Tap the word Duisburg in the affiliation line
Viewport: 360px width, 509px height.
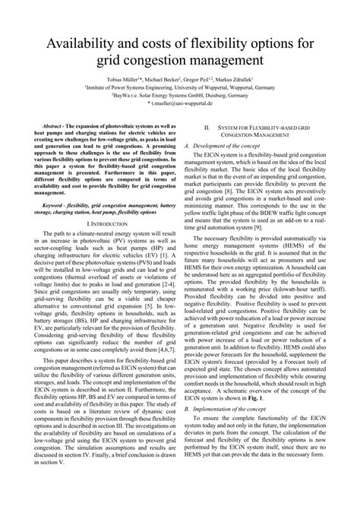(232, 96)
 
